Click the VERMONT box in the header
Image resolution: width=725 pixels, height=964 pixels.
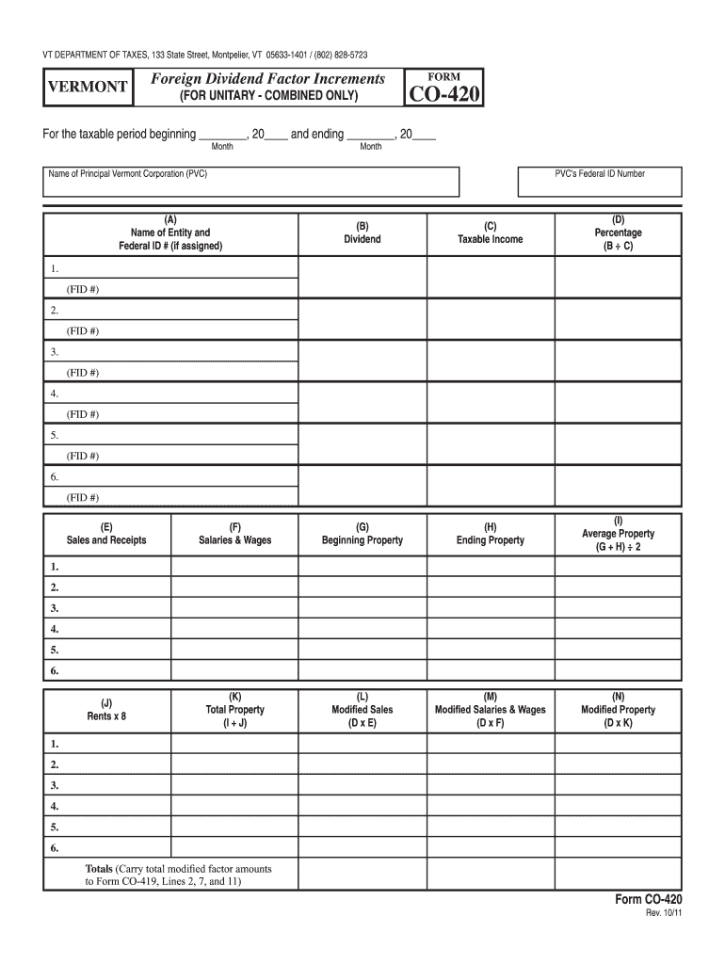[89, 87]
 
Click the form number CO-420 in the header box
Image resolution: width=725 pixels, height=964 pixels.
[443, 94]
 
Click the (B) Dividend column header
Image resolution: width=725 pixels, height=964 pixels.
[362, 233]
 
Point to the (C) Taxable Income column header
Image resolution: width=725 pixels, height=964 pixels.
[490, 233]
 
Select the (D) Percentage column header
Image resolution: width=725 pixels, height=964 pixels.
[617, 233]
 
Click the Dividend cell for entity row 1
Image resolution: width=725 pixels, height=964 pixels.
[362, 278]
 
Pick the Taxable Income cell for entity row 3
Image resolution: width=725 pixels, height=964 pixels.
[490, 361]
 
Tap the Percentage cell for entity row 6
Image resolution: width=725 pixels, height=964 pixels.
[617, 487]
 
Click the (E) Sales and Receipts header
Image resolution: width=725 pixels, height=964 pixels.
[106, 534]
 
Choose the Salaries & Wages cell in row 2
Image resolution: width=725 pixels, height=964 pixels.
[234, 587]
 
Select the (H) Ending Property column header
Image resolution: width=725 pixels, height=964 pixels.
[490, 534]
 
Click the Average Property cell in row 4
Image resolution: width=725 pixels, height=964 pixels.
[617, 629]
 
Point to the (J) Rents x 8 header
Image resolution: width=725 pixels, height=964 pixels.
[106, 709]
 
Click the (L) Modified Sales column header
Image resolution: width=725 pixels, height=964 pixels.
[362, 709]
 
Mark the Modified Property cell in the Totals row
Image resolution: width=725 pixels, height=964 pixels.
[617, 874]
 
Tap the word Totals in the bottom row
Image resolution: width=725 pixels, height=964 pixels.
[99, 867]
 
